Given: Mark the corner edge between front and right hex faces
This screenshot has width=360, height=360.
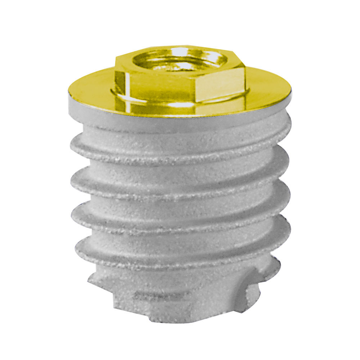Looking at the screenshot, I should point(197,87).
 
